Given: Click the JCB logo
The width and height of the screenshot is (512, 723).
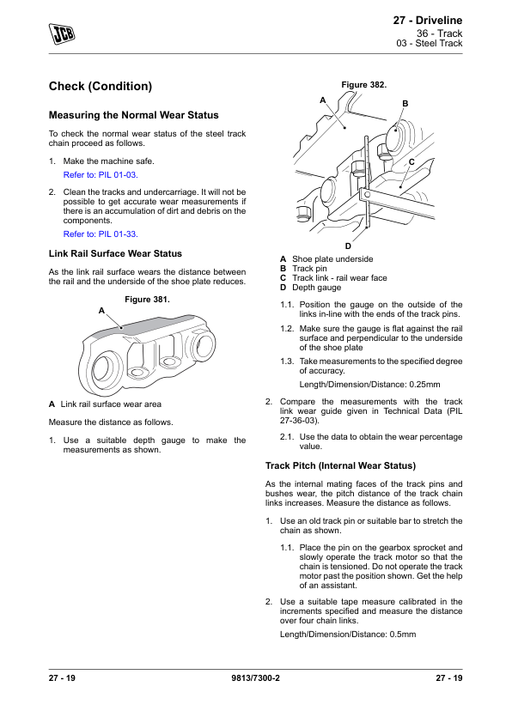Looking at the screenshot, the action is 62,33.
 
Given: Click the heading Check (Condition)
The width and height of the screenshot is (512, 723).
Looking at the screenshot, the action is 101,86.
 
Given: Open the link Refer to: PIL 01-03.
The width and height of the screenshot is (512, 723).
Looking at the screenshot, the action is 101,175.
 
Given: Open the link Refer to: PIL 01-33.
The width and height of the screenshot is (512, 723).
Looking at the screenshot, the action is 101,234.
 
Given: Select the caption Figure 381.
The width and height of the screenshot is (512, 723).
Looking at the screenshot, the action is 147,300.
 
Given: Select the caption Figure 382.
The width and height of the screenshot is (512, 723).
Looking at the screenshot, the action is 364,85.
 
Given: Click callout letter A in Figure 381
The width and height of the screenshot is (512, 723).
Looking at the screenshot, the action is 101,311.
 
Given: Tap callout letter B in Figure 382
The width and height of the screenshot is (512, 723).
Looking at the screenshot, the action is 405,104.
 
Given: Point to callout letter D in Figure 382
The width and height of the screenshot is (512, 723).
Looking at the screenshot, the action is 348,246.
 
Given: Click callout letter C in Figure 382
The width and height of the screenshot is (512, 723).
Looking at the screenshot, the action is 411,161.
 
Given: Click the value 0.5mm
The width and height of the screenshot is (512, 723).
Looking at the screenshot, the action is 403,635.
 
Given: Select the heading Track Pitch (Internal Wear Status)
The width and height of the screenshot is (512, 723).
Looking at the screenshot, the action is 340,465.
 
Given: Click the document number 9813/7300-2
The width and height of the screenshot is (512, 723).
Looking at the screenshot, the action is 255,677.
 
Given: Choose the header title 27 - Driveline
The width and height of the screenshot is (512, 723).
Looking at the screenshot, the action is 428,21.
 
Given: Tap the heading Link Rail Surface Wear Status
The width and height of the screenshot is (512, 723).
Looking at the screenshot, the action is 115,253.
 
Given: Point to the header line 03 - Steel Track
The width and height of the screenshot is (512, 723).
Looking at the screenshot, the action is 430,43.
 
